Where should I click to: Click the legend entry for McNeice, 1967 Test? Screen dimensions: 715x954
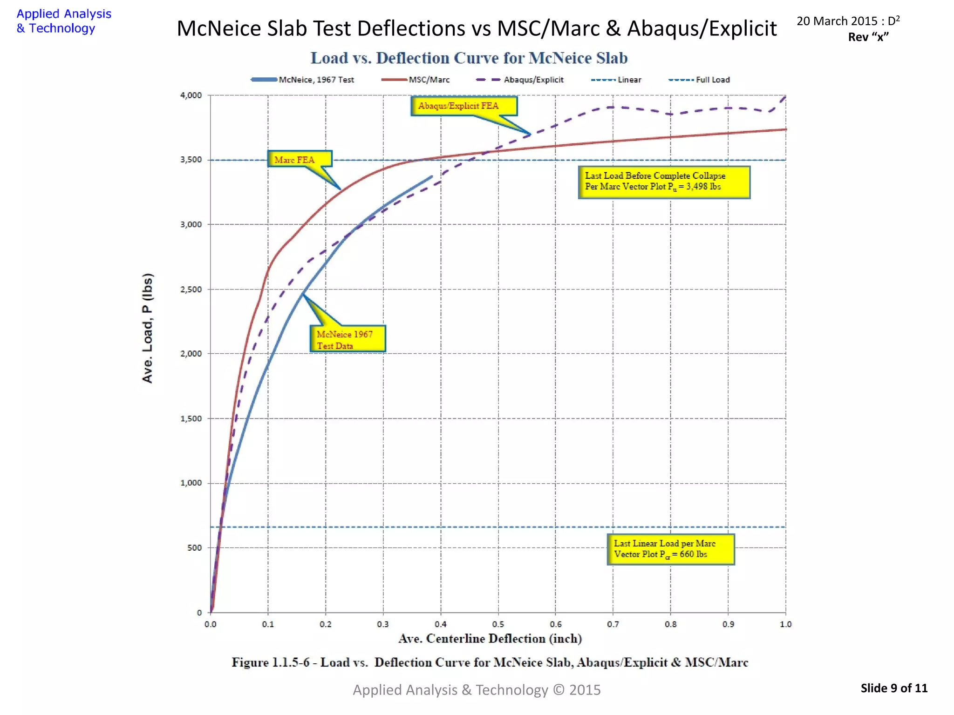303,80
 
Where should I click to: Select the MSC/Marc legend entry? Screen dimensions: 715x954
416,80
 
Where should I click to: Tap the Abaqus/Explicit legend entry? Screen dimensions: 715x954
520,80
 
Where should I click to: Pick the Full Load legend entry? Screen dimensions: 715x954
699,80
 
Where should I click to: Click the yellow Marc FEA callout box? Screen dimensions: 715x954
300,159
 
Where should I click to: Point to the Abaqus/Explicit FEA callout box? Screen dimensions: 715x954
463,106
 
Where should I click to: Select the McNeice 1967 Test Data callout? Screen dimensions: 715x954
348,339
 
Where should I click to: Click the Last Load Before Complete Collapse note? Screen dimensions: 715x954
664,182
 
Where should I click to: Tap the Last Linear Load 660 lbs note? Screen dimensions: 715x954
670,549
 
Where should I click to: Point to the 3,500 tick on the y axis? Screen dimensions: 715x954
191,160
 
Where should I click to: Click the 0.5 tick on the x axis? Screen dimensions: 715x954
498,624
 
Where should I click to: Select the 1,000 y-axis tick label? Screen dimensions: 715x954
191,483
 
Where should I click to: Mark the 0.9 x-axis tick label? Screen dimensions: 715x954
728,624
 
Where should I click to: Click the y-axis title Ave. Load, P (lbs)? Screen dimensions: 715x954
147,328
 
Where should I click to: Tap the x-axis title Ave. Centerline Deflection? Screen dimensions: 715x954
490,639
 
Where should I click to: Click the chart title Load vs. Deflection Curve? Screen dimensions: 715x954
469,58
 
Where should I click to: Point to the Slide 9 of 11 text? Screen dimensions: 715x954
894,688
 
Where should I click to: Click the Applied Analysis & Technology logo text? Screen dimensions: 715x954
64,21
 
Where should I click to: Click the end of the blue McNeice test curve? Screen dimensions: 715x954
432,176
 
